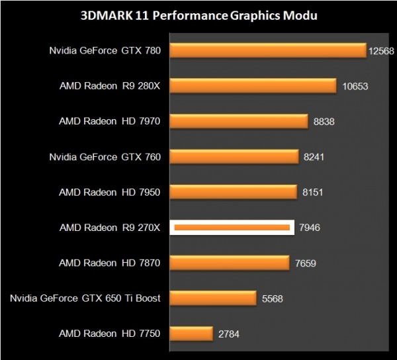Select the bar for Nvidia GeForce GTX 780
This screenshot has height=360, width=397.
268,50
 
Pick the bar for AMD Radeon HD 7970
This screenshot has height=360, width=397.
239,121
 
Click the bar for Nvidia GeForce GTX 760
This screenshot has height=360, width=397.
234,157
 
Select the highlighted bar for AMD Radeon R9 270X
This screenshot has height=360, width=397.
232,228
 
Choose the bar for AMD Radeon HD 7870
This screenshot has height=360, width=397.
230,263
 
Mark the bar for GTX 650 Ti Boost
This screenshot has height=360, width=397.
213,298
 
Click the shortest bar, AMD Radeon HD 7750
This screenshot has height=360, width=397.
191,334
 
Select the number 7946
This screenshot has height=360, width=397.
311,228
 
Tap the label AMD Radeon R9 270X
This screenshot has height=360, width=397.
110,228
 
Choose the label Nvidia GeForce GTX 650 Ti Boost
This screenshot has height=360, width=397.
85,298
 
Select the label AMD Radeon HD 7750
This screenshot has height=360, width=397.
110,334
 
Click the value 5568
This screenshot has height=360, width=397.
273,298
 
